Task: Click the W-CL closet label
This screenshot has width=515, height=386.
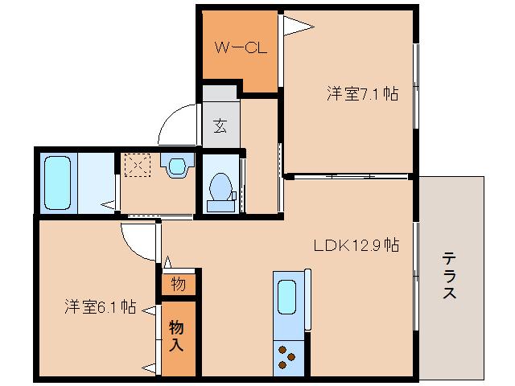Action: tap(240, 47)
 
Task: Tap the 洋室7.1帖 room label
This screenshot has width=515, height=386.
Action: tap(362, 92)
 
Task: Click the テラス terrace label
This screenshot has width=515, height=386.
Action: tap(450, 275)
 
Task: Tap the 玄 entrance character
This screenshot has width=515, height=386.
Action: tap(220, 125)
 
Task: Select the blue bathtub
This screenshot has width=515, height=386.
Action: tap(59, 182)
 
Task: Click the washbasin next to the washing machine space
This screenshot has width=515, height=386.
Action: tap(177, 166)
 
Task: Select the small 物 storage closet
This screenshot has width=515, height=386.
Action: tap(178, 284)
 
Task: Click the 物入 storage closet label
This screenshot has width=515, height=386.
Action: tap(178, 337)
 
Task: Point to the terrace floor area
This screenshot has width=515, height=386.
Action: tap(451, 322)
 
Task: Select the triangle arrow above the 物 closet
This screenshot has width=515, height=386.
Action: tap(167, 262)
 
